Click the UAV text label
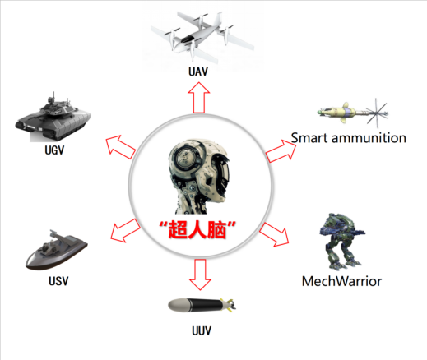[x=198, y=72]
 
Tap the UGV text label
[x=54, y=150]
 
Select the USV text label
[x=58, y=281]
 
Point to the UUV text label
[x=202, y=330]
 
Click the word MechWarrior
[x=341, y=281]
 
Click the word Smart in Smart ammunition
[x=309, y=138]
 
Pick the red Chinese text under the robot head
[x=197, y=229]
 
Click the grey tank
[x=53, y=118]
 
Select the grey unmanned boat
[x=57, y=250]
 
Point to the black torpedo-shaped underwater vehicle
[x=202, y=306]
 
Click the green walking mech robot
[x=342, y=241]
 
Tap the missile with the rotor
[x=353, y=113]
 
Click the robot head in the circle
[x=199, y=177]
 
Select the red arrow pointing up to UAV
[x=199, y=98]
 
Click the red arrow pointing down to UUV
[x=200, y=275]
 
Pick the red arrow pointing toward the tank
[x=121, y=147]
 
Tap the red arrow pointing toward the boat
[x=126, y=231]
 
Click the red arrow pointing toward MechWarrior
[x=274, y=234]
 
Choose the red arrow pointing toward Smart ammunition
[x=281, y=151]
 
